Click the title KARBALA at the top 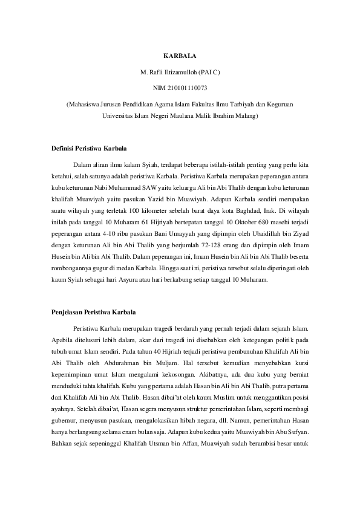pyautogui.click(x=180, y=56)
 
